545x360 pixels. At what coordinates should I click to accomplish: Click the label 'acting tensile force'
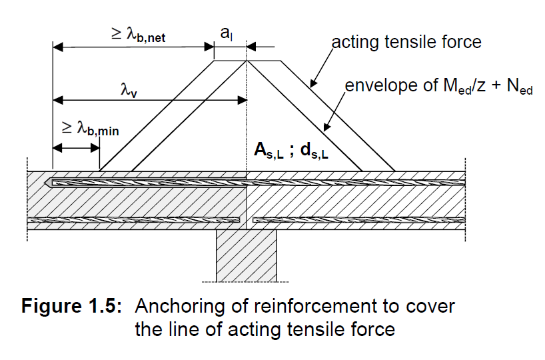[x=406, y=42]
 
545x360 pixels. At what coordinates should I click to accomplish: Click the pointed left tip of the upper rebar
[x=45, y=182]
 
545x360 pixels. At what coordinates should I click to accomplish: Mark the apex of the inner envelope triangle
[x=247, y=61]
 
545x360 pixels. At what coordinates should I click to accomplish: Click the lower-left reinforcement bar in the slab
[x=133, y=219]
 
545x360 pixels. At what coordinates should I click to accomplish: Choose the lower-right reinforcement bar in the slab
[x=360, y=219]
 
